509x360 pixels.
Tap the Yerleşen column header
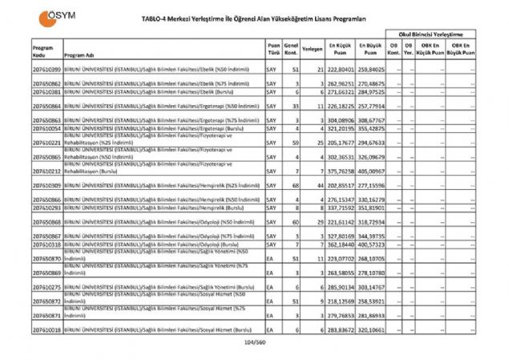[313, 50]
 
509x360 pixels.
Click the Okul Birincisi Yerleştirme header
[431, 36]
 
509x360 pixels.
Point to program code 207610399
[46, 71]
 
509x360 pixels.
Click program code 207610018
[46, 330]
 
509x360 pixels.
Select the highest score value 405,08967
[370, 171]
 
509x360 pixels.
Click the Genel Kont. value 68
[296, 185]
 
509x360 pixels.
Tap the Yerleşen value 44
[319, 185]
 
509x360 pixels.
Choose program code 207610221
[46, 142]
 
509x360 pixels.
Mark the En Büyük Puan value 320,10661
[370, 330]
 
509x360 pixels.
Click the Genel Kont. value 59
[296, 142]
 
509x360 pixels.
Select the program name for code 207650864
[160, 105]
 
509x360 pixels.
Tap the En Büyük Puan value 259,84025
[370, 71]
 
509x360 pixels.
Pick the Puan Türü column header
[274, 50]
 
